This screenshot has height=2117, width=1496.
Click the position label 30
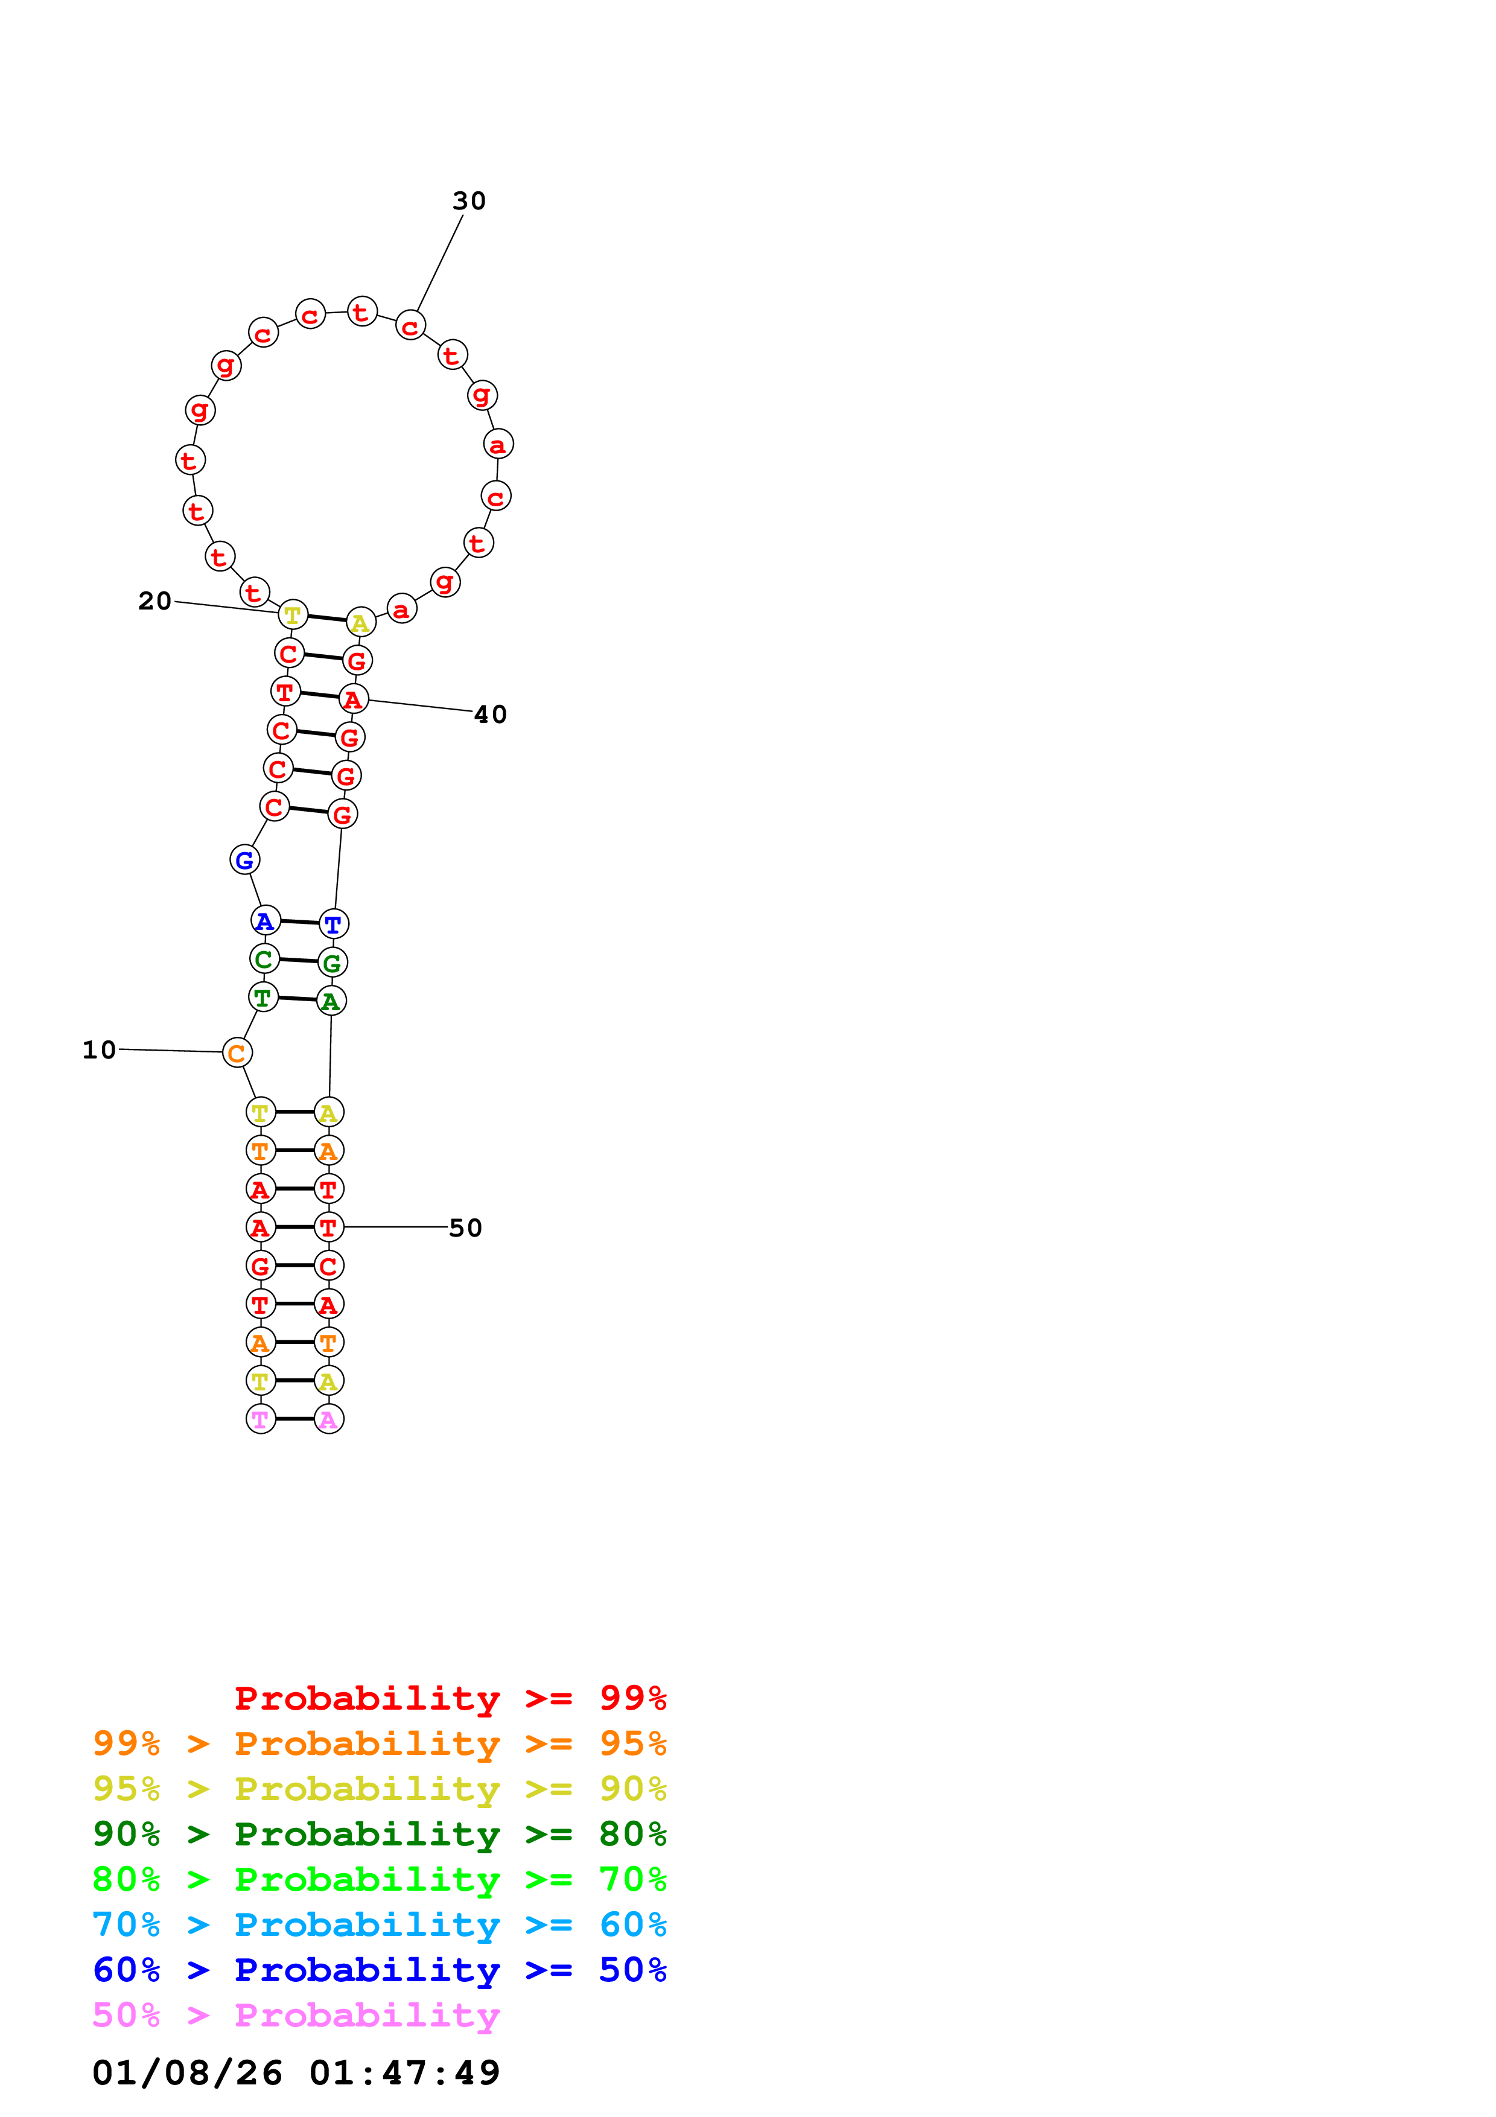coord(468,201)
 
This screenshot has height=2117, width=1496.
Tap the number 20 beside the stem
coord(155,601)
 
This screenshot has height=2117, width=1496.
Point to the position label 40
coord(491,715)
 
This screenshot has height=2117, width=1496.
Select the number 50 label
coord(465,1228)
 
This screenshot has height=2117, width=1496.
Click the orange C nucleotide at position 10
coord(237,1053)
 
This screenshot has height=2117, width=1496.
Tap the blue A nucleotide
coord(266,920)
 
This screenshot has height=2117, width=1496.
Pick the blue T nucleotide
coord(334,924)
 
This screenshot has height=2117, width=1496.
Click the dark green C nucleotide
coord(264,959)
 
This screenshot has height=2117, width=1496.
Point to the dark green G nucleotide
coord(333,963)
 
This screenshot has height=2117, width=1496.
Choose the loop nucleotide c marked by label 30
coord(410,325)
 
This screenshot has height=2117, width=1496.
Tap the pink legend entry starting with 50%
coord(296,2014)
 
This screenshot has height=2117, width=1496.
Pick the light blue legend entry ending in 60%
coord(379,1924)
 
